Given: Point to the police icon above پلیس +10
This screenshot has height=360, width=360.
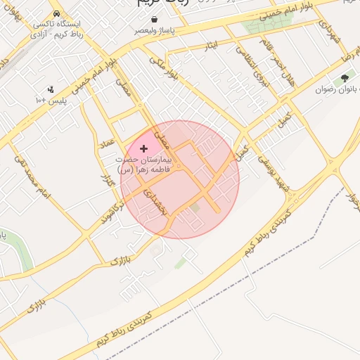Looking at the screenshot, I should (x=51, y=90).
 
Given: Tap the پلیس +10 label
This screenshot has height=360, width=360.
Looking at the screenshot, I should (x=51, y=101).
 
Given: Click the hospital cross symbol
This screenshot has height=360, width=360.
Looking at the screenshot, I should (x=144, y=148).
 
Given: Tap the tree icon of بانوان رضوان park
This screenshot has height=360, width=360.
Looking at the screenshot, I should (x=345, y=78).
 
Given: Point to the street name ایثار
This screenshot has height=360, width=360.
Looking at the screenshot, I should (x=212, y=46).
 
